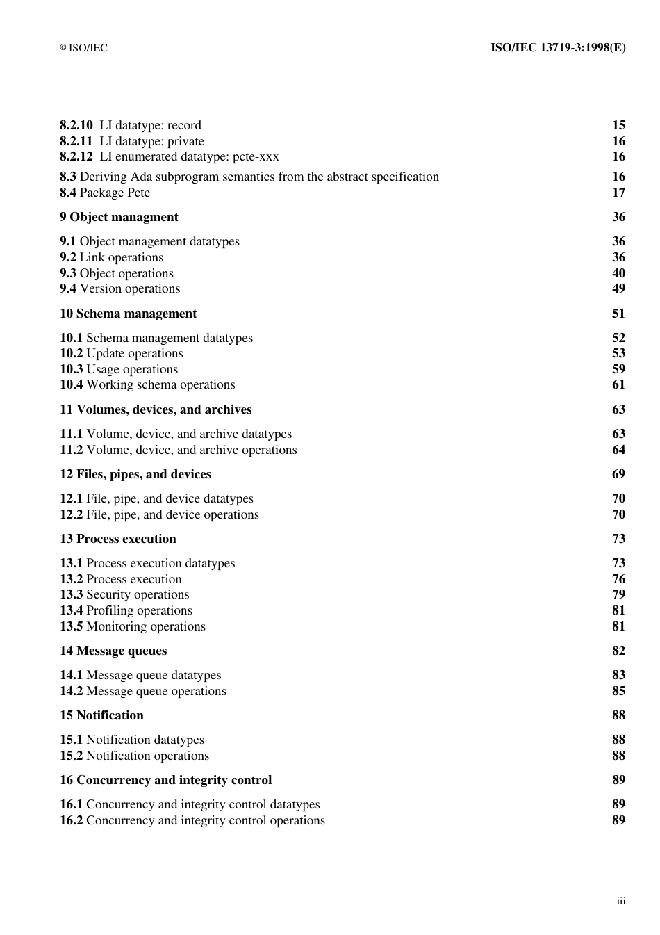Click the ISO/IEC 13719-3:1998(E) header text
(558, 48)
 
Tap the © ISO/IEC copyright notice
(83, 48)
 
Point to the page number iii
(620, 902)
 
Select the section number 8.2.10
(76, 125)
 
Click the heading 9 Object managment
(119, 217)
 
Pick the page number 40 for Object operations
(618, 273)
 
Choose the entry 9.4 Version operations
(119, 288)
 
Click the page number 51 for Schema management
(618, 314)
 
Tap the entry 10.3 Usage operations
(119, 369)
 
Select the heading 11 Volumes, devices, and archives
(156, 409)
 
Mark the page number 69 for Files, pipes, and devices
(618, 474)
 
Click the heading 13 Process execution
(118, 539)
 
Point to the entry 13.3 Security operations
(124, 594)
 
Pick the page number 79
(618, 594)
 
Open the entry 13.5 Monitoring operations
(133, 626)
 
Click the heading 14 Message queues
(113, 651)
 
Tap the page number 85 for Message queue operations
(618, 691)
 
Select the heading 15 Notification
(101, 715)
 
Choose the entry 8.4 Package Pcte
(105, 193)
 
